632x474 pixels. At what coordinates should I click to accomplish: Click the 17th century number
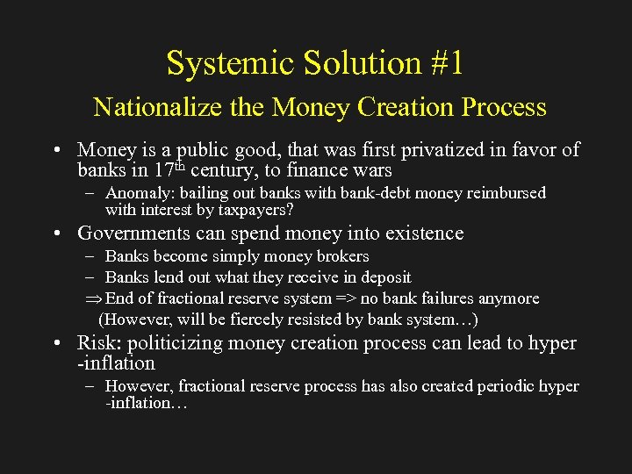point(163,169)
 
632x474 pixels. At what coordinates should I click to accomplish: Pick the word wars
point(372,170)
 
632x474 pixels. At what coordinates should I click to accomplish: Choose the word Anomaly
point(136,193)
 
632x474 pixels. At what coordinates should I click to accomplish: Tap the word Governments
point(133,233)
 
